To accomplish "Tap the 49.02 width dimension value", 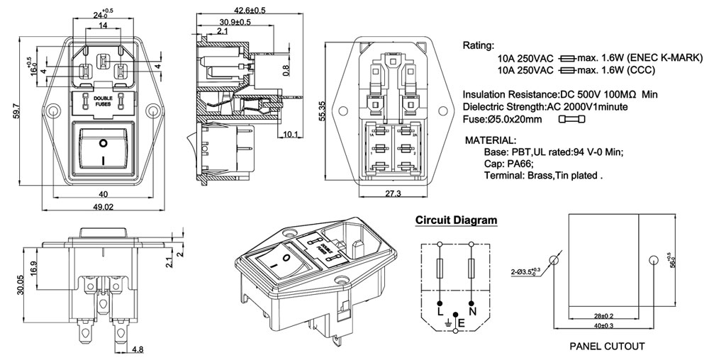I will (x=104, y=206).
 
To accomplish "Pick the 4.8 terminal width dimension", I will (x=138, y=349).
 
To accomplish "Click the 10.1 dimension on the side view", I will (x=289, y=134).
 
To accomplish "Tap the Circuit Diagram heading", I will (x=456, y=220).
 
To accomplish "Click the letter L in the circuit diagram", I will (x=440, y=313).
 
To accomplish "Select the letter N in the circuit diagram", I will (x=472, y=313).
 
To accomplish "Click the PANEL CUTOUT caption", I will (x=607, y=347).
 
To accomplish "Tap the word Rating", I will (x=479, y=45).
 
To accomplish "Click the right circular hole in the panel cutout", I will (x=654, y=261).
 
